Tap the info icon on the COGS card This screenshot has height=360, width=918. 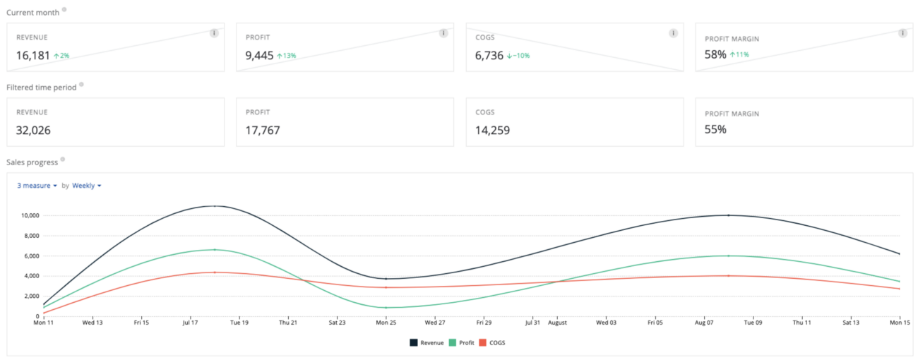pyautogui.click(x=673, y=33)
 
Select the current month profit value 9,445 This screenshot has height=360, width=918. pyautogui.click(x=260, y=55)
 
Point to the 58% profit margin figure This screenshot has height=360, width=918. pyautogui.click(x=715, y=54)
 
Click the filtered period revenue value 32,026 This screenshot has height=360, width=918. pyautogui.click(x=33, y=130)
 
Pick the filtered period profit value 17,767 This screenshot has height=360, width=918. pyautogui.click(x=263, y=130)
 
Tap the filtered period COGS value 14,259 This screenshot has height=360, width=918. pyautogui.click(x=493, y=130)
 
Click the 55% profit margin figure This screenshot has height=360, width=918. pyautogui.click(x=715, y=130)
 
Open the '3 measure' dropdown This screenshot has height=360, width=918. pyautogui.click(x=37, y=186)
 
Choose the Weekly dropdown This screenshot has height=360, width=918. pyautogui.click(x=86, y=186)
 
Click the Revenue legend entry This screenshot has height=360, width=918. pyautogui.click(x=427, y=342)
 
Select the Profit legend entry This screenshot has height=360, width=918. pyautogui.click(x=462, y=342)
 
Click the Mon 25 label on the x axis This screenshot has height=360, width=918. pyautogui.click(x=386, y=323)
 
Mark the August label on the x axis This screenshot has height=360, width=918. pyautogui.click(x=557, y=323)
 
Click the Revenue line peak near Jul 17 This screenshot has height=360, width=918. pyautogui.click(x=214, y=206)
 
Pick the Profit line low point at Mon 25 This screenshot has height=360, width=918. pyautogui.click(x=386, y=308)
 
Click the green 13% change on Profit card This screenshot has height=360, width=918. pyautogui.click(x=287, y=56)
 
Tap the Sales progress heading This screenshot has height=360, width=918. pyautogui.click(x=32, y=162)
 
